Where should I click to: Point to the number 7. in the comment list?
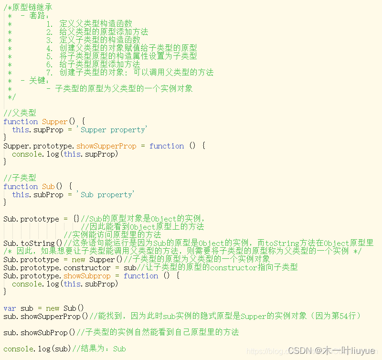[50, 73]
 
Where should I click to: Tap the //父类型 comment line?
[20, 113]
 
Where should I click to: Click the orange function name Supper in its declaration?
[55, 122]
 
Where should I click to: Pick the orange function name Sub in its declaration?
[48, 187]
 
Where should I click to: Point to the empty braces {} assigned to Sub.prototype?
[76, 219]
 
